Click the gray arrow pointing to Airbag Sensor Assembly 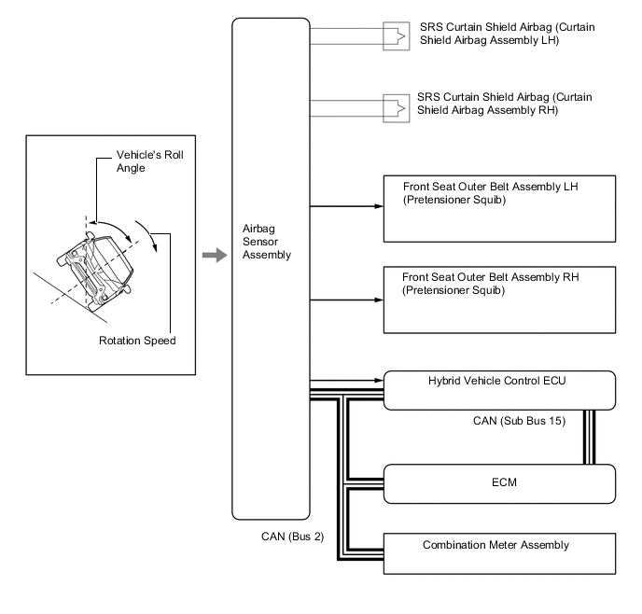215,255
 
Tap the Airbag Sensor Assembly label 267,242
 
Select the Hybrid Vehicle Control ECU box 499,390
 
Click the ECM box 499,483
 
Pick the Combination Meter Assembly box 499,553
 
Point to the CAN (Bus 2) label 292,537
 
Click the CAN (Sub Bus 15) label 519,421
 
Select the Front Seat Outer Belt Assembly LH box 499,209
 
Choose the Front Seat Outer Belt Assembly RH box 499,300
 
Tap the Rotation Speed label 137,341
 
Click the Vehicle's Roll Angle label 150,161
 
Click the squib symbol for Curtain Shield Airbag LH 397,36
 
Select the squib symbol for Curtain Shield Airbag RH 397,108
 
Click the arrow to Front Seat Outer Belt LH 347,206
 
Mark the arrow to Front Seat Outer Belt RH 347,300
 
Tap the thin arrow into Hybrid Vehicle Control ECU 347,381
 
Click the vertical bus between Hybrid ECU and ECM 589,437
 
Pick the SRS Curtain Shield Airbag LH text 508,34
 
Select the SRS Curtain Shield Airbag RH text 505,104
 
